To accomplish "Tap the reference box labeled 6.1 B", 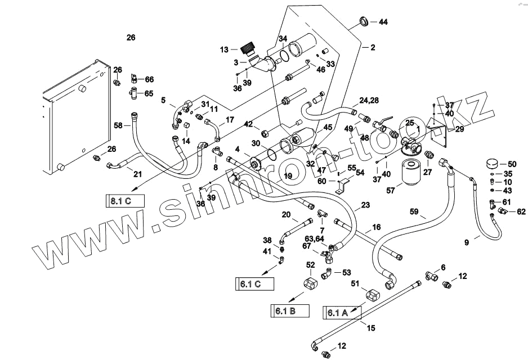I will [290, 309].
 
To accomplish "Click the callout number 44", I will [383, 22].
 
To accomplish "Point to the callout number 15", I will [370, 327].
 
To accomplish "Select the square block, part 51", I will [374, 294].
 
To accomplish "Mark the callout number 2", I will [372, 48].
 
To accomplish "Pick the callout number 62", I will [521, 212].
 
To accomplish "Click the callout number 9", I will [467, 243].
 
